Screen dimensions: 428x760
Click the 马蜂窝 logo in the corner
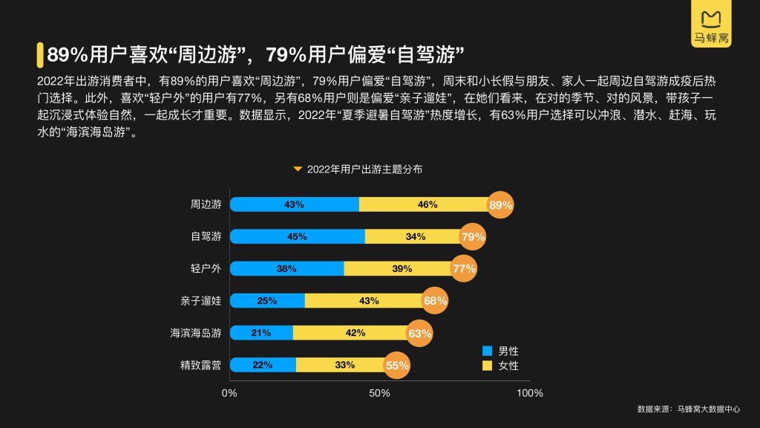click(711, 28)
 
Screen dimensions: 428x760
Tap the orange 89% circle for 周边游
click(501, 205)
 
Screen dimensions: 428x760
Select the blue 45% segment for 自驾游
click(297, 236)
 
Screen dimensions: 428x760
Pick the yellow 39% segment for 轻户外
click(397, 268)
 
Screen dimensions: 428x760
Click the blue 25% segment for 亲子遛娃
click(267, 300)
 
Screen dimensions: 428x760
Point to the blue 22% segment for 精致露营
click(263, 365)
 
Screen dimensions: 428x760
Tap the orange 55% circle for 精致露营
click(397, 365)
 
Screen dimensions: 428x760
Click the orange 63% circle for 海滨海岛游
click(419, 333)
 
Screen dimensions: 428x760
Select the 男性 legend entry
click(501, 350)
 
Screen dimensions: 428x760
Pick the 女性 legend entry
click(501, 366)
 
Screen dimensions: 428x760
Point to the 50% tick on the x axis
click(379, 392)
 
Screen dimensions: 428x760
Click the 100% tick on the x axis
click(529, 392)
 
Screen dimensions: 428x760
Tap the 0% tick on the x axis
click(229, 392)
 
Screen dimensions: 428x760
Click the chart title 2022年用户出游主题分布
click(364, 169)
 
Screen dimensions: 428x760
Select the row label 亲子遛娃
click(200, 300)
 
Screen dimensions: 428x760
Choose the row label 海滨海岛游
click(195, 333)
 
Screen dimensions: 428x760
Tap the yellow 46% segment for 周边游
click(427, 204)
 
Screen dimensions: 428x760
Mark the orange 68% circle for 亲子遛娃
click(435, 300)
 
